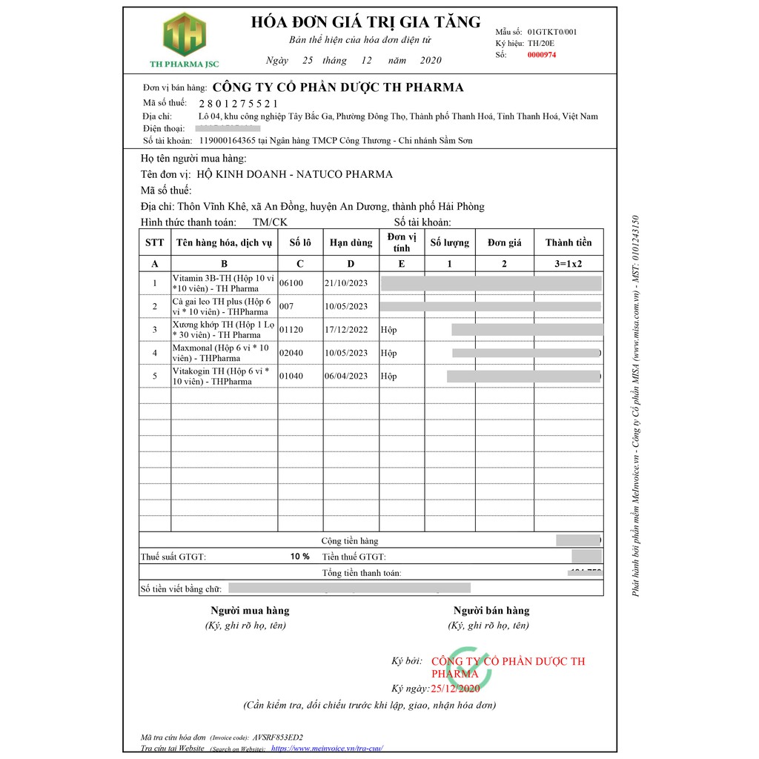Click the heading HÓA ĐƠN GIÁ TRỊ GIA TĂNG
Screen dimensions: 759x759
[x=366, y=21]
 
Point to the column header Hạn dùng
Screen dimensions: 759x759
[x=351, y=242]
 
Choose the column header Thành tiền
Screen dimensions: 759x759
[x=569, y=242]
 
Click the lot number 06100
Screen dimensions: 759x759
[x=291, y=283]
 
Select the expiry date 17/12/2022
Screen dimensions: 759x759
[x=346, y=329]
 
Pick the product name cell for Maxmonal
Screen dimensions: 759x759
[x=223, y=353]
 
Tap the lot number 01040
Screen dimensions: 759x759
[x=291, y=376]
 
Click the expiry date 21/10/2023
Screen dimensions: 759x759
[x=346, y=283]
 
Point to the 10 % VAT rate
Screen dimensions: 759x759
[x=299, y=556]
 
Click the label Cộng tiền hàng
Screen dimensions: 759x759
[x=349, y=541]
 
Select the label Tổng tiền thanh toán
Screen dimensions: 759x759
[x=361, y=573]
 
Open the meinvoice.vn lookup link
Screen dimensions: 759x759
[x=327, y=749]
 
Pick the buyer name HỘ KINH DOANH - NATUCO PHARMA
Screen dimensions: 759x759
[x=294, y=175]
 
